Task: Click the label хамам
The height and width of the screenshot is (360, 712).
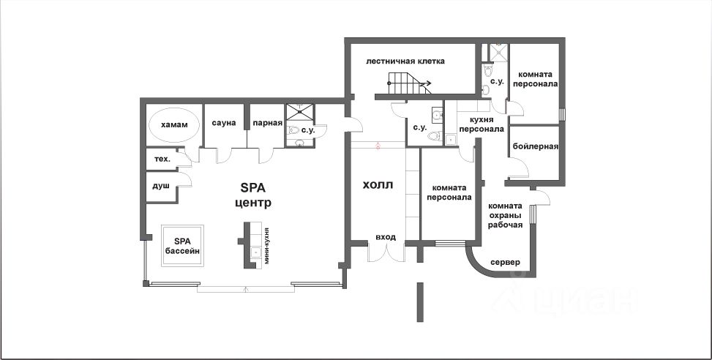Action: pos(174,125)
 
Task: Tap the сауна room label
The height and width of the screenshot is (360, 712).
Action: pos(225,122)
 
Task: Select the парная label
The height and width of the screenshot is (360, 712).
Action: pos(267,122)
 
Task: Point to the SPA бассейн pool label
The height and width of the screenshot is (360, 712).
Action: pos(182,246)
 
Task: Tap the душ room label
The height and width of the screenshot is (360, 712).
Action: pos(160,186)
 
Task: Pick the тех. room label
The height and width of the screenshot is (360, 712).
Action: pos(161,159)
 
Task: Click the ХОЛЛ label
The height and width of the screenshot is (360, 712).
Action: pos(378,185)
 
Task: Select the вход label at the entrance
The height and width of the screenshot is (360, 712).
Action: pos(385,237)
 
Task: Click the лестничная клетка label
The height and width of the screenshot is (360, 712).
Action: pos(405,61)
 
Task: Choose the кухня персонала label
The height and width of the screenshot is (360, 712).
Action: pos(481,124)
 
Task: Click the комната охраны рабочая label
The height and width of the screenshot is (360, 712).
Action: pos(505,215)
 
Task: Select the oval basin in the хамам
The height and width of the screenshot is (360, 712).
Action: pos(174,125)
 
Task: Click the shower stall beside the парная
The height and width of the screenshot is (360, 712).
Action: pos(299,112)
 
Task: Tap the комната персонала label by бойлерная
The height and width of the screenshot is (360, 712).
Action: pos(537,79)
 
